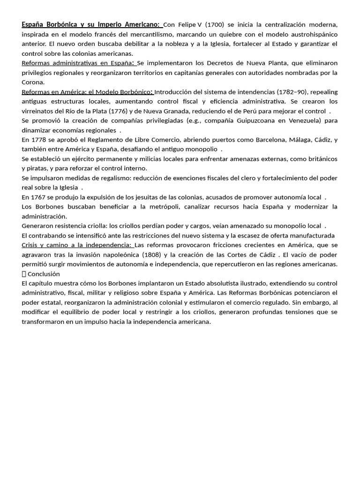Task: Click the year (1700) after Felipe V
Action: click(215, 24)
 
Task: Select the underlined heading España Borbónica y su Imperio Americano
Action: click(90, 24)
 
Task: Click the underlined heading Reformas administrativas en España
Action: click(78, 63)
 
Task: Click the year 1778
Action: click(38, 140)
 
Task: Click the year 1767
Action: click(38, 197)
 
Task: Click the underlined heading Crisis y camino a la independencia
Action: click(77, 245)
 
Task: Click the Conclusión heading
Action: click(44, 274)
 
